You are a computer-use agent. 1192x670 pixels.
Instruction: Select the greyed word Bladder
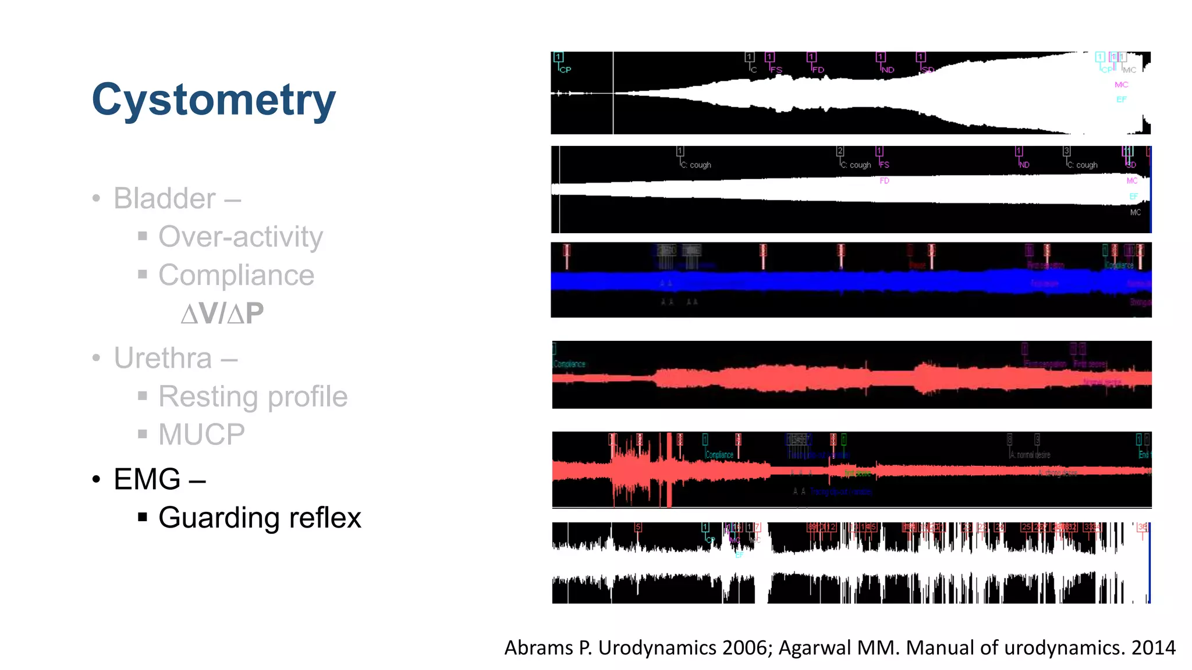(165, 198)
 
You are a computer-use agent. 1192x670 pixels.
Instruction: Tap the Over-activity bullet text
(240, 237)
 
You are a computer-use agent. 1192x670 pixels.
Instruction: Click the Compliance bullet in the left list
(236, 275)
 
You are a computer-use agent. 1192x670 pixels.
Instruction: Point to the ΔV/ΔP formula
(222, 313)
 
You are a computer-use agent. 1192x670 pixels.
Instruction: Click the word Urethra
(162, 358)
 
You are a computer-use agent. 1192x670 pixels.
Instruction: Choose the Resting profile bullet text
(253, 397)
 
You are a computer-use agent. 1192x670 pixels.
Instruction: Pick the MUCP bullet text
(201, 434)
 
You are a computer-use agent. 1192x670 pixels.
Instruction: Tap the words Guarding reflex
(260, 518)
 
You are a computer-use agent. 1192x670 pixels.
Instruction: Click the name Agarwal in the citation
(815, 647)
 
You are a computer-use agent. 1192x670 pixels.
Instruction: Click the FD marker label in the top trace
(818, 70)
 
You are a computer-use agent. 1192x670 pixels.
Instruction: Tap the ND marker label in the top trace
(888, 70)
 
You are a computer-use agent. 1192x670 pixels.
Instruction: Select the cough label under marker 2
(860, 165)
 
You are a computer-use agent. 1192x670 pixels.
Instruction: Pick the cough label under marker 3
(1087, 165)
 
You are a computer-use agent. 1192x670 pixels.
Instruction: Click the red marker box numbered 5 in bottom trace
(638, 527)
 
